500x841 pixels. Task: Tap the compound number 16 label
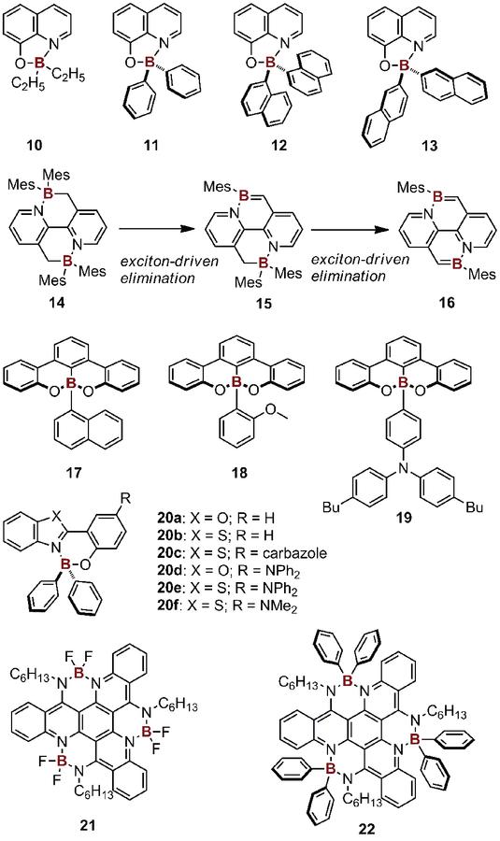446,303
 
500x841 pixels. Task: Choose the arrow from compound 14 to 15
153,229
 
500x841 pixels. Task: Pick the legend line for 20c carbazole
240,552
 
